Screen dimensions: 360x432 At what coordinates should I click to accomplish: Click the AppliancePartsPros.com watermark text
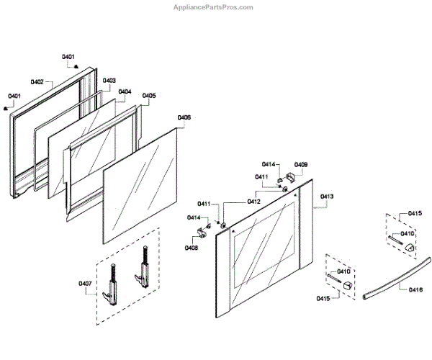(214, 6)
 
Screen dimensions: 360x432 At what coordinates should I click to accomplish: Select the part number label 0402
(37, 81)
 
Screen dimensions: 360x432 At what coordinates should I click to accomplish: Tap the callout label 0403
(109, 81)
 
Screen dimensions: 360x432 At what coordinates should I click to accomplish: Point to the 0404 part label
(125, 91)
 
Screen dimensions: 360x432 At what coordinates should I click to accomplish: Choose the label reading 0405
(149, 95)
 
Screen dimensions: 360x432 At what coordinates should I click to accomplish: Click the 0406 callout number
(184, 117)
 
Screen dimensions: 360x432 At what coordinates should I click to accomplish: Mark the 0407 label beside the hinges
(86, 283)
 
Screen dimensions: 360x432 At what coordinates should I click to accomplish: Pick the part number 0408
(192, 248)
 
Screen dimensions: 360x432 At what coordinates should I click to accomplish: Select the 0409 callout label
(300, 165)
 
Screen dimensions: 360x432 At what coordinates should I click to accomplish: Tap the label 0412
(253, 202)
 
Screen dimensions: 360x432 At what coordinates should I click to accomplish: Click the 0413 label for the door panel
(327, 196)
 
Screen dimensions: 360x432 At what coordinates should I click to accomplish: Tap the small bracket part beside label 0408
(202, 233)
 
